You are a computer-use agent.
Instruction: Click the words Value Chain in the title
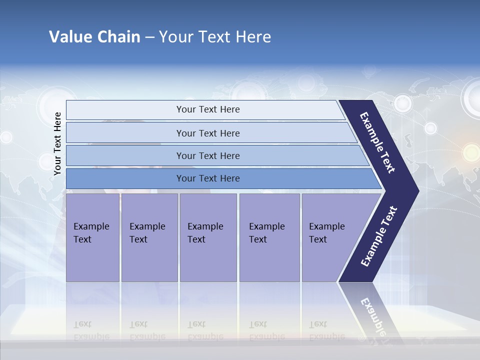point(94,37)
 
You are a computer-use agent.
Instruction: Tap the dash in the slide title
point(149,37)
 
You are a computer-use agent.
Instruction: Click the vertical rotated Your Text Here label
point(57,143)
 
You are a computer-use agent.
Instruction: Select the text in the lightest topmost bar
point(208,109)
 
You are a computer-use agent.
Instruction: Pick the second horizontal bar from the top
point(208,133)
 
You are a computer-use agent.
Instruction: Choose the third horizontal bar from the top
point(208,155)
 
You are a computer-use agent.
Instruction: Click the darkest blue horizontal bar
point(208,178)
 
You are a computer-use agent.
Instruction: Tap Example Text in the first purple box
point(91,233)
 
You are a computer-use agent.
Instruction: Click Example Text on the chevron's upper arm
point(378,142)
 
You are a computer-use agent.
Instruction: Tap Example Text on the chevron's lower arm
point(378,236)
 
